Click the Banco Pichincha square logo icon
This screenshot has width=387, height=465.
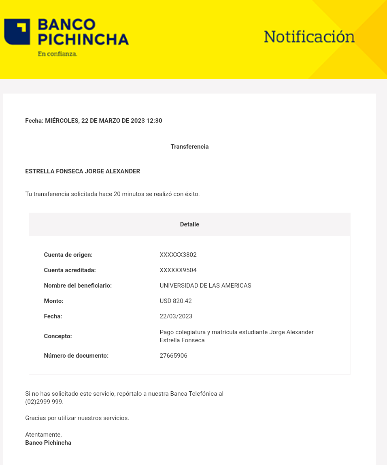17,32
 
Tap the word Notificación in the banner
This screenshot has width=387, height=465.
309,37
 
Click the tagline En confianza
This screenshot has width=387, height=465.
57,53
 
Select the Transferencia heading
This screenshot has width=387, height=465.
189,147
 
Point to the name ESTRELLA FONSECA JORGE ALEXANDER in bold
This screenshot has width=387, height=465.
83,171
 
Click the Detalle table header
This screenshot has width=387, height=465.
189,224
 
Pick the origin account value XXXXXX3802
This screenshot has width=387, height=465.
178,255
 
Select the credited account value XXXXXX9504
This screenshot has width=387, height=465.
178,270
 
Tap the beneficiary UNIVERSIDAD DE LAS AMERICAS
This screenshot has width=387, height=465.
205,286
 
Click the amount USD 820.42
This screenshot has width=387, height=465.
176,301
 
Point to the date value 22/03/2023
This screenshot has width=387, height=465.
176,316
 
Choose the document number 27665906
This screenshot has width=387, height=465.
174,356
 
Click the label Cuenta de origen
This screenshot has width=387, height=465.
68,255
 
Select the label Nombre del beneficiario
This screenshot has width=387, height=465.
78,286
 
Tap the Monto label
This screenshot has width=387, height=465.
54,301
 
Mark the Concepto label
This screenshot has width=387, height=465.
58,336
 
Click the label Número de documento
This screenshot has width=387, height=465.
76,356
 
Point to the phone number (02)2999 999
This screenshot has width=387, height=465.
44,402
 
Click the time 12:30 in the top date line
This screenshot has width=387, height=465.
154,121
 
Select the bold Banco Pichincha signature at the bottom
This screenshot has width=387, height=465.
48,443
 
